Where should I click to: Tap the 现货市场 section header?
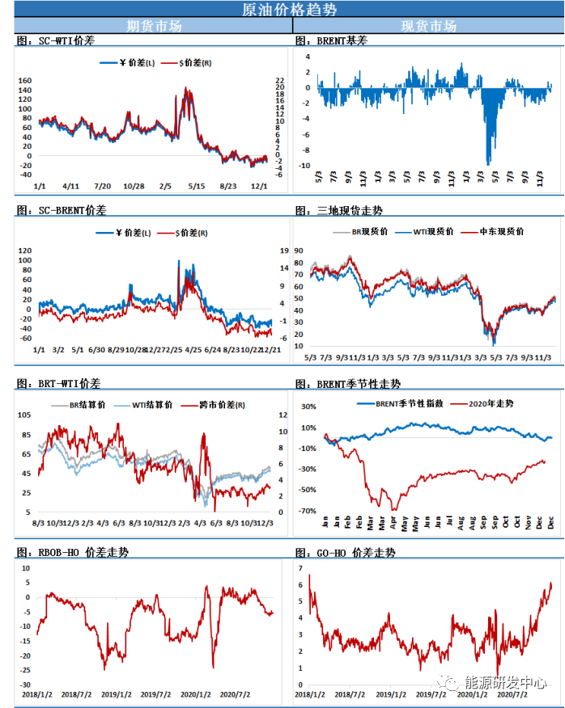[429, 26]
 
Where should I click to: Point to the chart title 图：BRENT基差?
[331, 40]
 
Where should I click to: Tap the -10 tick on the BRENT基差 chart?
[305, 166]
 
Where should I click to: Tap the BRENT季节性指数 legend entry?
[399, 402]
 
